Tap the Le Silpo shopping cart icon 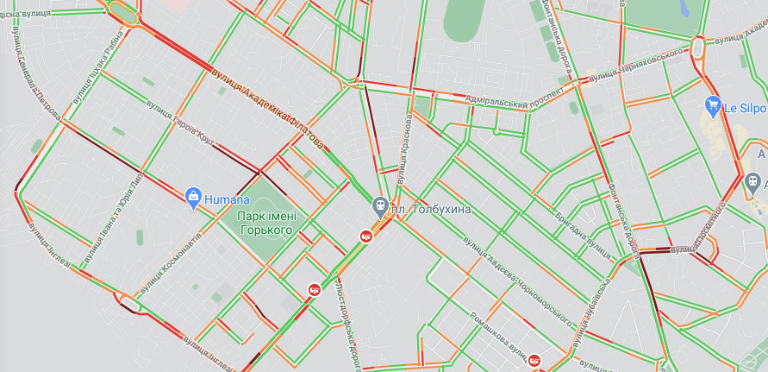(713, 107)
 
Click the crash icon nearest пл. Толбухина (366, 236)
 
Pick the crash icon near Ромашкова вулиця (534, 361)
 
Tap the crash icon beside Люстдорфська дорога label (315, 291)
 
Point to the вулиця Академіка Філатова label (267, 104)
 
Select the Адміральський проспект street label (508, 104)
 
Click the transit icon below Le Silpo (753, 181)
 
